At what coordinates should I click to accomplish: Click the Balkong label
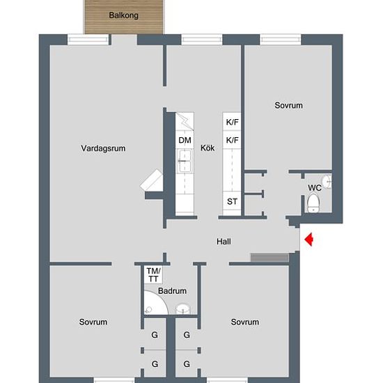124,15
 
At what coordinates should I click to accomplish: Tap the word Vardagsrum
102,148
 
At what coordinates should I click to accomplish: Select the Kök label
208,148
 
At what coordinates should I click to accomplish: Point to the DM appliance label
184,141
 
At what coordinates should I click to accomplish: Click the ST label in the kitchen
232,202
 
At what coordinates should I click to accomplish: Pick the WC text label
314,188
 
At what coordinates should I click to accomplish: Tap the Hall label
224,242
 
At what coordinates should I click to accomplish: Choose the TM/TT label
153,274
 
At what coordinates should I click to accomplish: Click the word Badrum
171,291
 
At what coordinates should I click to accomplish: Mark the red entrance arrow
309,240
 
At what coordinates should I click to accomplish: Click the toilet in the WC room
313,204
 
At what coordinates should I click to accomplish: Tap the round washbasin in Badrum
183,309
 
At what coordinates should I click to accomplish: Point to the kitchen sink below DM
184,164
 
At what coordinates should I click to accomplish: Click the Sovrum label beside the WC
288,106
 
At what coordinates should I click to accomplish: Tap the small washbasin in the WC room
327,182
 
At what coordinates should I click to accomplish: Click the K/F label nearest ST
232,140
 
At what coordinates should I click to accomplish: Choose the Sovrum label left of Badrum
93,322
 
